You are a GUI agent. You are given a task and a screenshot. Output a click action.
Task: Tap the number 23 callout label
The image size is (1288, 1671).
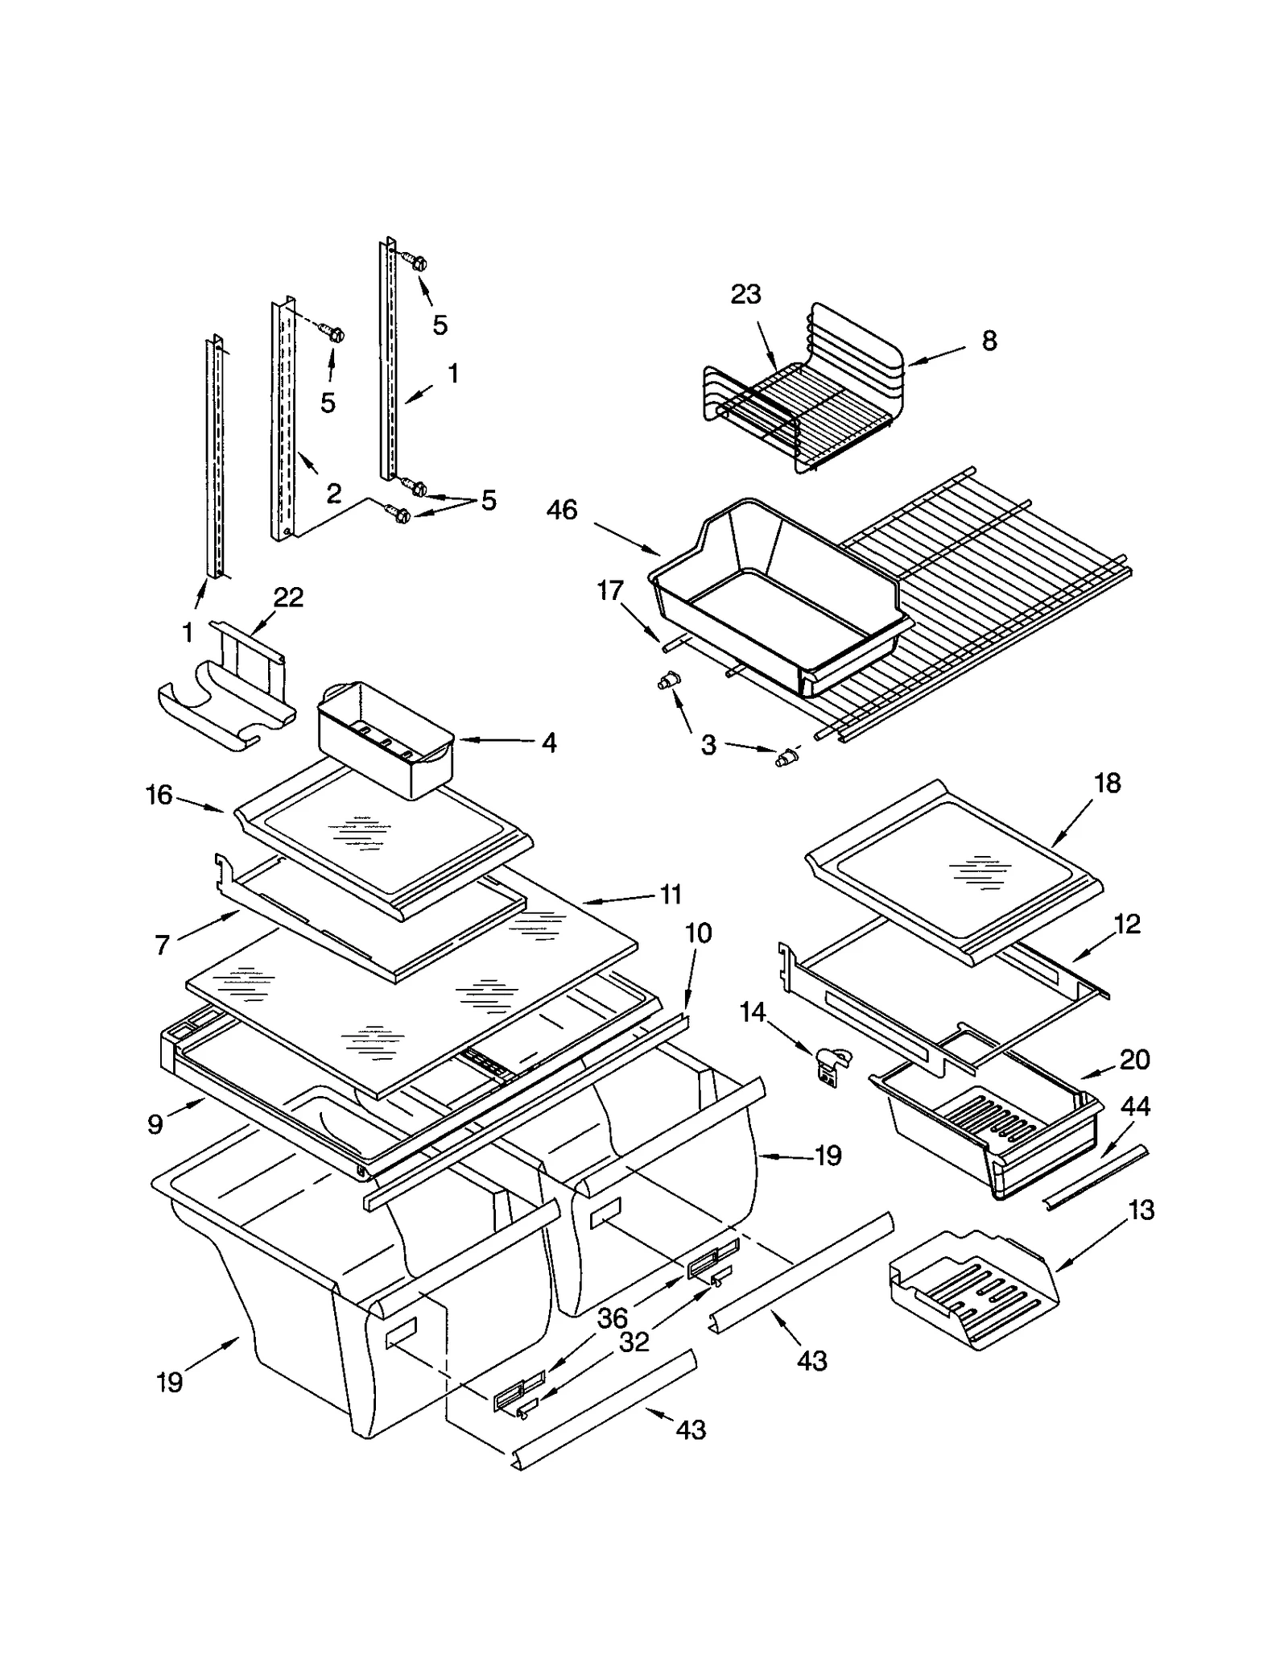[x=745, y=295]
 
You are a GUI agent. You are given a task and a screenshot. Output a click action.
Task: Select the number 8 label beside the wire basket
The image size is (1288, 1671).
[x=989, y=341]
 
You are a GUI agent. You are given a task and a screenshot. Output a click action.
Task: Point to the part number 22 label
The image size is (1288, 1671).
[x=288, y=598]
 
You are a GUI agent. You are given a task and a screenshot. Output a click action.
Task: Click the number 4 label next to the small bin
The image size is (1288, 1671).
[x=548, y=742]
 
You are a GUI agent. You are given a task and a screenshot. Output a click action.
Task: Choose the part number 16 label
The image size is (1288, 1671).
[x=159, y=795]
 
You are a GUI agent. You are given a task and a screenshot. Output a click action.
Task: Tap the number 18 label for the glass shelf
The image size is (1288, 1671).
[x=1108, y=783]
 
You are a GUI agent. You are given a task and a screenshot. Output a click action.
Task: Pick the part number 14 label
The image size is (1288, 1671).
[x=753, y=1012]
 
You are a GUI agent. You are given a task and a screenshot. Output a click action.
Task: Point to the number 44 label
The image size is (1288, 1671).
[x=1135, y=1106]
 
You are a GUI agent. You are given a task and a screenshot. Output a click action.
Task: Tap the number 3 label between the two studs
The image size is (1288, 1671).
[x=708, y=745]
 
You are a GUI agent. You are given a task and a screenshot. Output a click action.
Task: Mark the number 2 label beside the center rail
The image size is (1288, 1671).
[x=333, y=493]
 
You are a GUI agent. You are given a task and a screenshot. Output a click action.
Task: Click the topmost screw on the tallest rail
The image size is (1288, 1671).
[x=418, y=262]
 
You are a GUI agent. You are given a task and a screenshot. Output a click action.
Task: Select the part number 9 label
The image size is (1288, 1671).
[x=155, y=1123]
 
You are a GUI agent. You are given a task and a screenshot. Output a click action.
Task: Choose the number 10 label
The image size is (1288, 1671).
[x=698, y=933]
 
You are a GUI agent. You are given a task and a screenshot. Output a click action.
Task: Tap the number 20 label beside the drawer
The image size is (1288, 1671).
[x=1133, y=1059]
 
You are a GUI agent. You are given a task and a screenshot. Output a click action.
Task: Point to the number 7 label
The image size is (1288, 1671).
[x=162, y=945]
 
